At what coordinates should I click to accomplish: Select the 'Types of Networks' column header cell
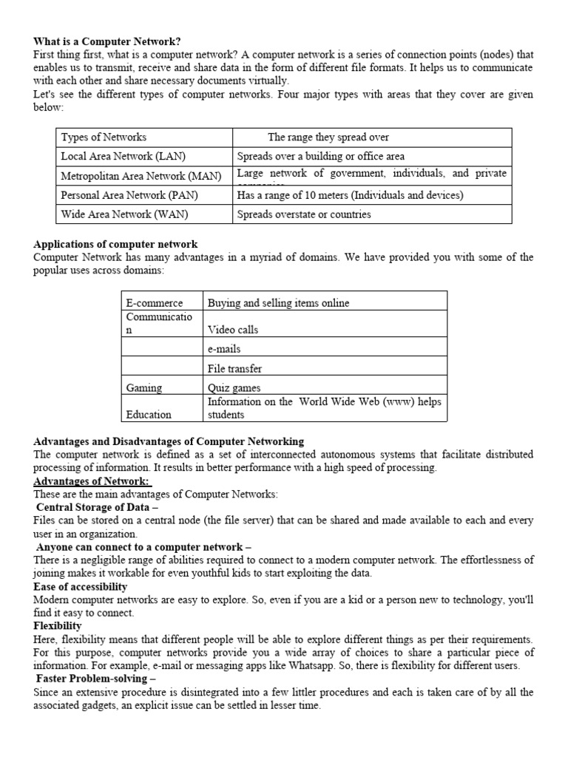coord(104,138)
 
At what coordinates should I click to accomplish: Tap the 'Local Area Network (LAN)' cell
coord(123,157)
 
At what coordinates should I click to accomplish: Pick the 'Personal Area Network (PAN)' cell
coord(129,195)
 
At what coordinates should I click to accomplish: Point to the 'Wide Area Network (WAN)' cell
coord(124,214)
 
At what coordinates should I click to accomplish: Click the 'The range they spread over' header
coord(328,138)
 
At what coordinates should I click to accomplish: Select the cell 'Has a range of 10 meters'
coord(350,195)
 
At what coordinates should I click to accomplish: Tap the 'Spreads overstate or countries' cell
coord(304,214)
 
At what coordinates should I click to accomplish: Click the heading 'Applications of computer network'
coord(115,244)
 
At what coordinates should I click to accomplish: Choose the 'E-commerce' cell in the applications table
coord(155,303)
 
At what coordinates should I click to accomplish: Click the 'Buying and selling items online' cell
coord(279,303)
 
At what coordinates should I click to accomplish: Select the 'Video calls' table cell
coord(233,330)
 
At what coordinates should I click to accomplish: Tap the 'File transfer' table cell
coord(235,368)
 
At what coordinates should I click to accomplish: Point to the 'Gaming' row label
coord(144,387)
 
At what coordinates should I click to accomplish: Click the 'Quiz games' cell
coord(234,387)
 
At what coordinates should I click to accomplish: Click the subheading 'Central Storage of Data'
coord(97,508)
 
